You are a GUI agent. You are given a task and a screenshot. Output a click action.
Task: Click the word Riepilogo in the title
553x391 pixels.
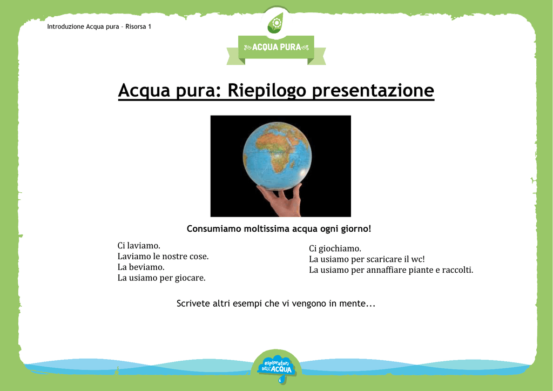pos(267,91)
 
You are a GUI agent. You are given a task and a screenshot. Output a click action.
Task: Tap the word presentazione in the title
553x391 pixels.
pos(373,91)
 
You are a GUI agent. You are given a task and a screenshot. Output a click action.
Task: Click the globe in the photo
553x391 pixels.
pos(277,156)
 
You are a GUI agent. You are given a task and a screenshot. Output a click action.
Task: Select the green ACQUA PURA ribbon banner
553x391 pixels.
pos(276,49)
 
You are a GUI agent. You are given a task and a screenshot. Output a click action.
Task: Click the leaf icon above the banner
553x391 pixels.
pos(275,23)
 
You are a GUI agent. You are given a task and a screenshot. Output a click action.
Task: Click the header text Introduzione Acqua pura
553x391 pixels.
pos(83,26)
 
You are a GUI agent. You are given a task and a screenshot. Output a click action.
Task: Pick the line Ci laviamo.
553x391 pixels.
pos(139,245)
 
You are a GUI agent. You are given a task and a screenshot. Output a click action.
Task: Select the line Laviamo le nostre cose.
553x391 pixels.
pos(163,257)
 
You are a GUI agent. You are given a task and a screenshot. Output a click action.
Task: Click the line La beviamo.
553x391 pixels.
pos(141,267)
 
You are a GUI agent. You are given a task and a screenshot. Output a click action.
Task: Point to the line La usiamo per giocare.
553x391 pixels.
pos(161,278)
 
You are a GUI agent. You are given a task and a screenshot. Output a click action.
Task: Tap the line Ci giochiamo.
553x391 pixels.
pos(335,248)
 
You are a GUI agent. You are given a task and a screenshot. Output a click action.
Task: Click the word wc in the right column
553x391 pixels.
pos(417,259)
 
